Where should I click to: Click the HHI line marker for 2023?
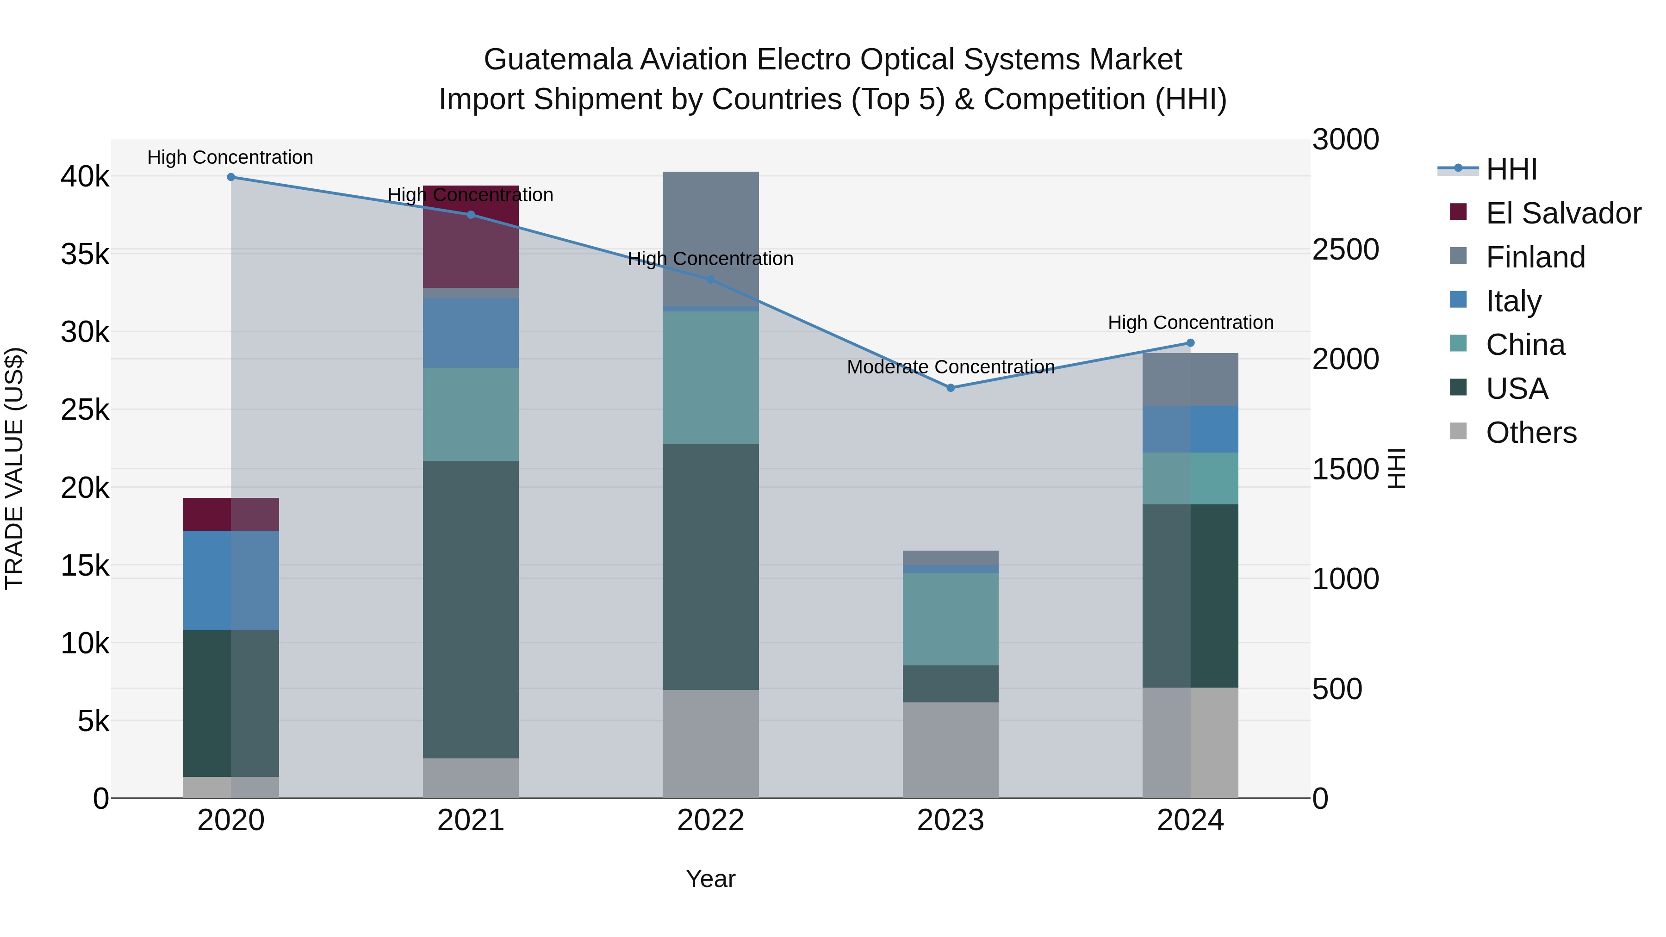coord(950,388)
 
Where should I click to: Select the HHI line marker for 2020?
coord(231,177)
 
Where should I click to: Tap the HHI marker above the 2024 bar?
coord(1190,343)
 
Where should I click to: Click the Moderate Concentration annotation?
coord(950,367)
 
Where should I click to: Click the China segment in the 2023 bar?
coord(950,618)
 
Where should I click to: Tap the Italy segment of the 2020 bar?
coord(231,580)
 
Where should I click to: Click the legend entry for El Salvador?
coord(1562,213)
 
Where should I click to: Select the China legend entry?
coord(1525,345)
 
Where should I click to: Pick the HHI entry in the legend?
coord(1511,169)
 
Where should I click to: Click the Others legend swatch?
coord(1458,431)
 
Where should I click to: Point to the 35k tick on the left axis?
coord(85,254)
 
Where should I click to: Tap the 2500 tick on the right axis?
coord(1345,249)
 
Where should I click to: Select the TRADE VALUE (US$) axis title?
coord(14,468)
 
